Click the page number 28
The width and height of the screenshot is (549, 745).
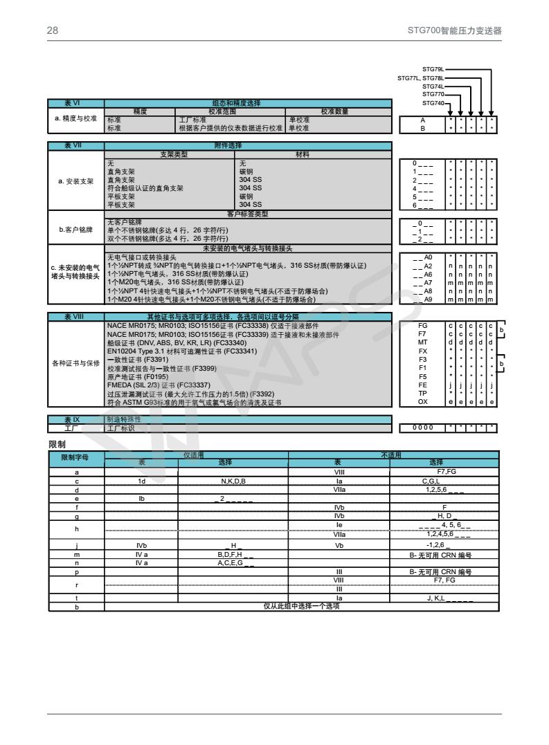coord(52,31)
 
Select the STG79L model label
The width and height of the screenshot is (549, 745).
coord(433,69)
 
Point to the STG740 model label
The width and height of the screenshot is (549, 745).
coord(433,103)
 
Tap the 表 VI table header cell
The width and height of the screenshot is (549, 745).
coord(76,103)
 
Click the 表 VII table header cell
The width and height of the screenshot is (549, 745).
coord(76,146)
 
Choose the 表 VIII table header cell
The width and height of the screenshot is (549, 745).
coord(76,316)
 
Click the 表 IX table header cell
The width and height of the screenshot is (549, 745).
coord(76,419)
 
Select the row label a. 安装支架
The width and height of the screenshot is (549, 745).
coord(76,181)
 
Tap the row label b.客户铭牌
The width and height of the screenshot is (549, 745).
coord(76,230)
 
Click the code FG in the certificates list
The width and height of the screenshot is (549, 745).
coord(423,324)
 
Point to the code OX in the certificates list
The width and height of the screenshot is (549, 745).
coord(423,401)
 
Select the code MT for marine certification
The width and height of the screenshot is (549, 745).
coord(423,341)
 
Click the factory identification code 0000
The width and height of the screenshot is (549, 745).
coord(423,427)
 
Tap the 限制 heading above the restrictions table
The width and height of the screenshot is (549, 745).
coord(56,444)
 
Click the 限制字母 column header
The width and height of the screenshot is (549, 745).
coord(76,457)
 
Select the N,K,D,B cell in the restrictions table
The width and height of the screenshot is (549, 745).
coord(233,480)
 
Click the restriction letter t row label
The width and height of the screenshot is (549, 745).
coord(76,598)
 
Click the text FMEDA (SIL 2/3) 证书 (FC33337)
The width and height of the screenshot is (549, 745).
coord(159,385)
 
